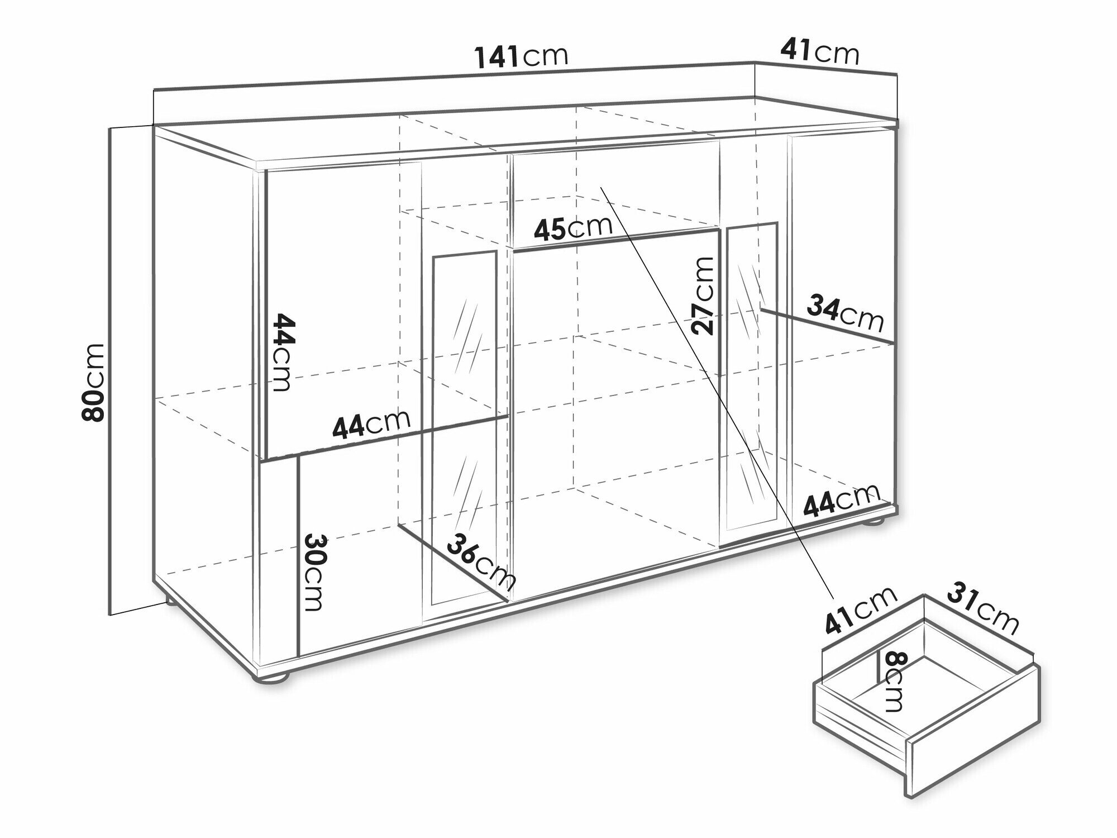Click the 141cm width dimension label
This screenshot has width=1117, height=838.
point(521,56)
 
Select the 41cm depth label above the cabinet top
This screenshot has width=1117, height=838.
point(819,53)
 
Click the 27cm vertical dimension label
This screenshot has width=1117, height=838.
point(703,296)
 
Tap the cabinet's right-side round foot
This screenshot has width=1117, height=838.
point(875,522)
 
